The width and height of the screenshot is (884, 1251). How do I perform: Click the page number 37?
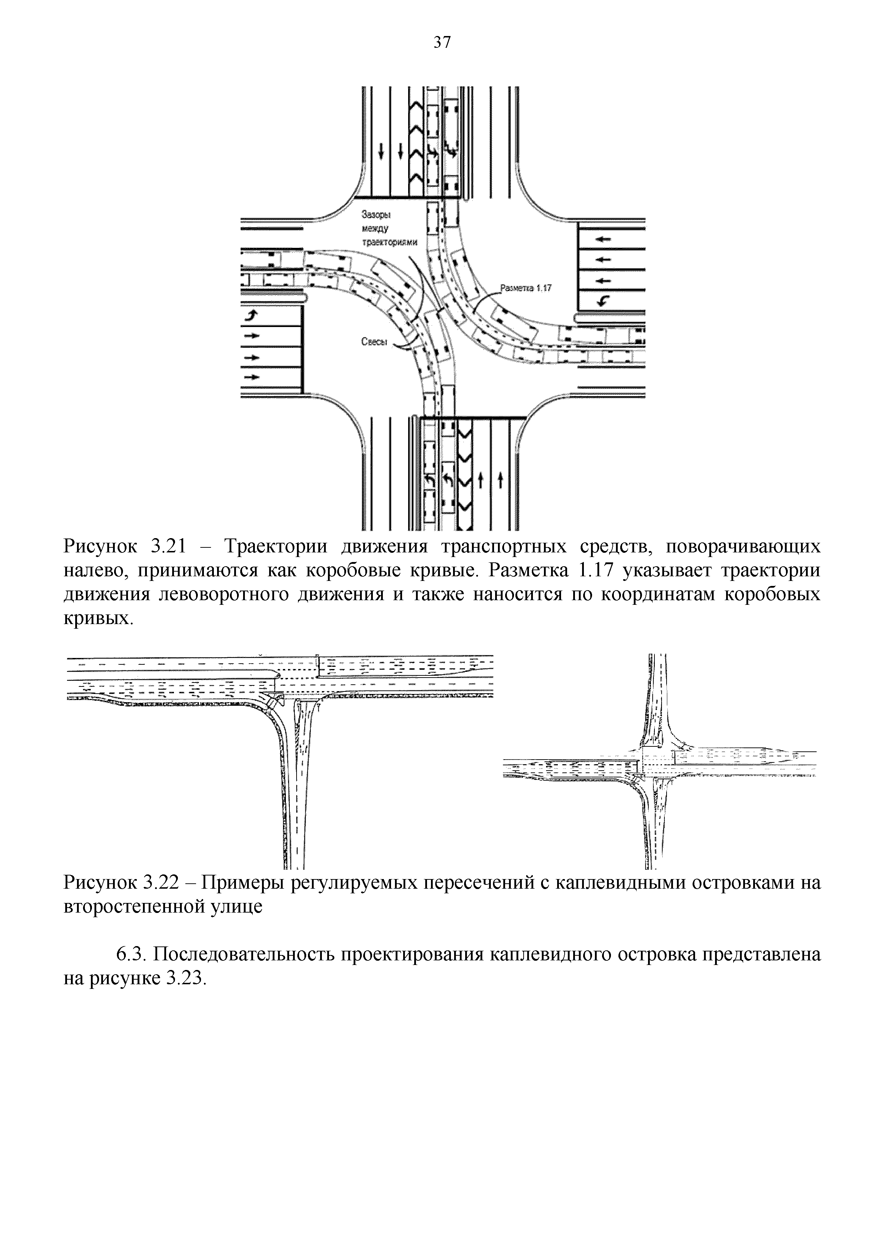[x=442, y=42]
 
